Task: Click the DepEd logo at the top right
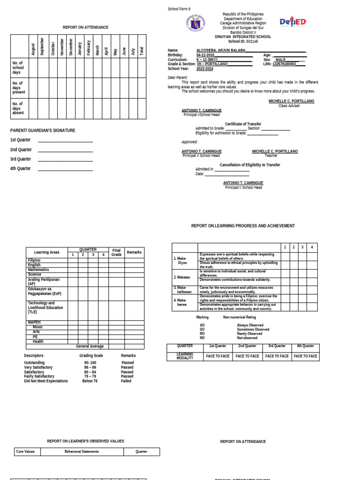click(x=292, y=22)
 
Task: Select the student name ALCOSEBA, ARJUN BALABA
click(x=221, y=50)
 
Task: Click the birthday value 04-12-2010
click(x=205, y=55)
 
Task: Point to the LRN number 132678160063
click(x=284, y=64)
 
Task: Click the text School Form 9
click(x=179, y=9)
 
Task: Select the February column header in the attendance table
click(x=89, y=47)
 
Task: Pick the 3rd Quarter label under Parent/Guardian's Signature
click(x=21, y=159)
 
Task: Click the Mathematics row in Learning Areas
click(x=38, y=270)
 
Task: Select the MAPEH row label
click(x=34, y=322)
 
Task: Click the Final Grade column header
click(x=116, y=252)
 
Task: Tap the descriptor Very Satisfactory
click(x=38, y=367)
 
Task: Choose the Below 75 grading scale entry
click(x=90, y=381)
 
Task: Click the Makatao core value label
click(x=183, y=277)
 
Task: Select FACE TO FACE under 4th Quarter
click(x=305, y=356)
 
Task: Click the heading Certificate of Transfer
click(x=243, y=124)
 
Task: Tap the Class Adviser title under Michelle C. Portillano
click(x=289, y=106)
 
